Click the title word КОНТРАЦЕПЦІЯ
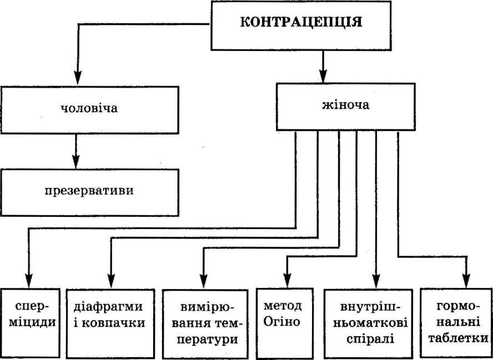point(301,22)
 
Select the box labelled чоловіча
point(89,110)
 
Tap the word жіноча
point(346,105)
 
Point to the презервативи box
point(89,192)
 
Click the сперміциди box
point(30,323)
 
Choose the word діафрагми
point(108,307)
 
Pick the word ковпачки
point(113,323)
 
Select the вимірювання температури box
point(205,324)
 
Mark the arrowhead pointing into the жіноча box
point(323,75)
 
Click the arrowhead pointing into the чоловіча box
point(78,77)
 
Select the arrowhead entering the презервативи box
point(76,161)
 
